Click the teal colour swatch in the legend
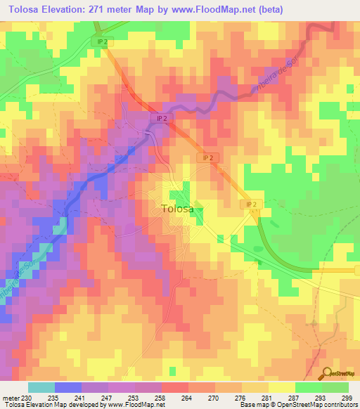point(41,387)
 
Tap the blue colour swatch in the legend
point(68,387)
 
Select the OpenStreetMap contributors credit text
point(318,404)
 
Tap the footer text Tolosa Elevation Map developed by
point(51,404)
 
